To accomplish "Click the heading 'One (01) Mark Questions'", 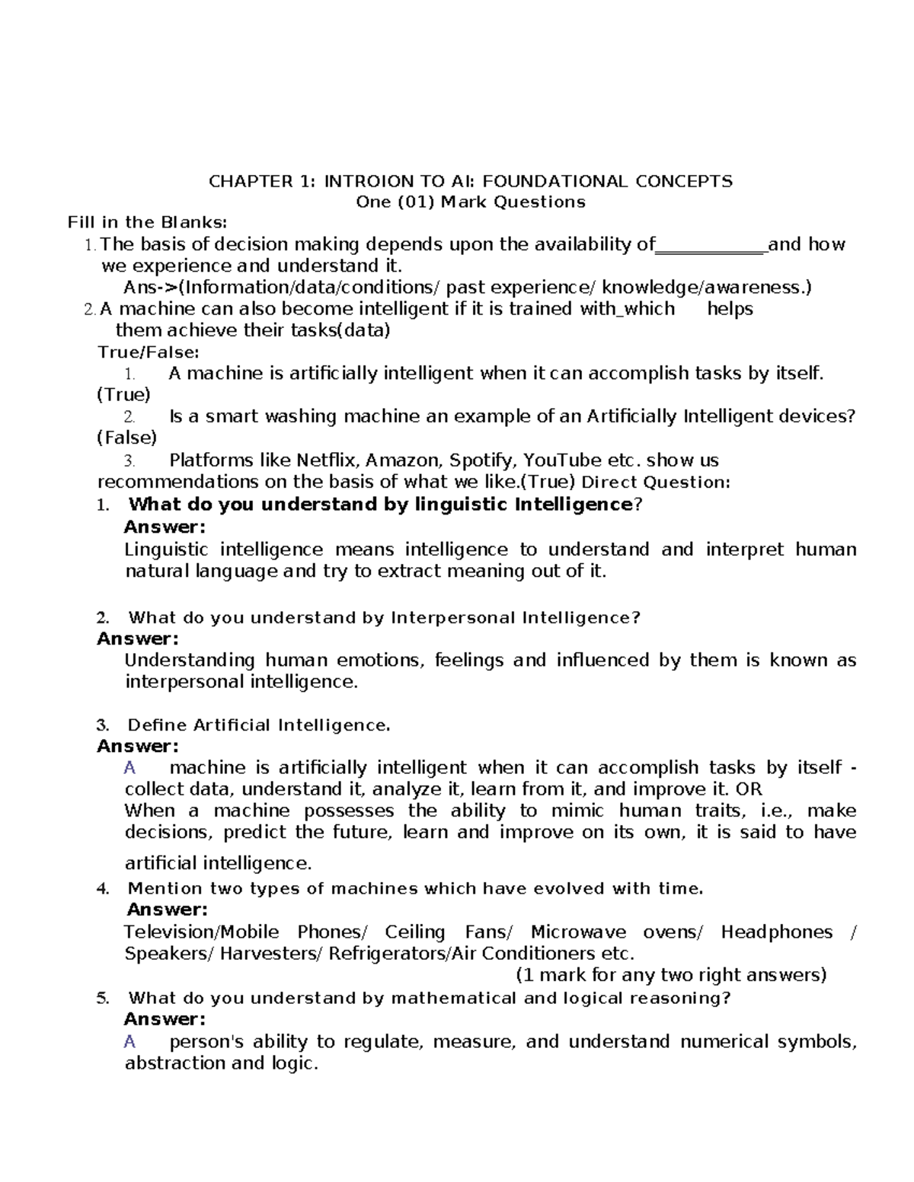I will pos(471,202).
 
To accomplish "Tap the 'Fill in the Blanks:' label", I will pos(147,223).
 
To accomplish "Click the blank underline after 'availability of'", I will pos(711,246).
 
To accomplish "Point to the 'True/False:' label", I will pos(149,352).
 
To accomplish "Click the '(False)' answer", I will pos(126,438).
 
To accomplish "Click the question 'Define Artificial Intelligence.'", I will pos(259,725).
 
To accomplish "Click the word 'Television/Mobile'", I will pos(201,932).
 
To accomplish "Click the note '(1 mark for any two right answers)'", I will pos(671,975).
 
